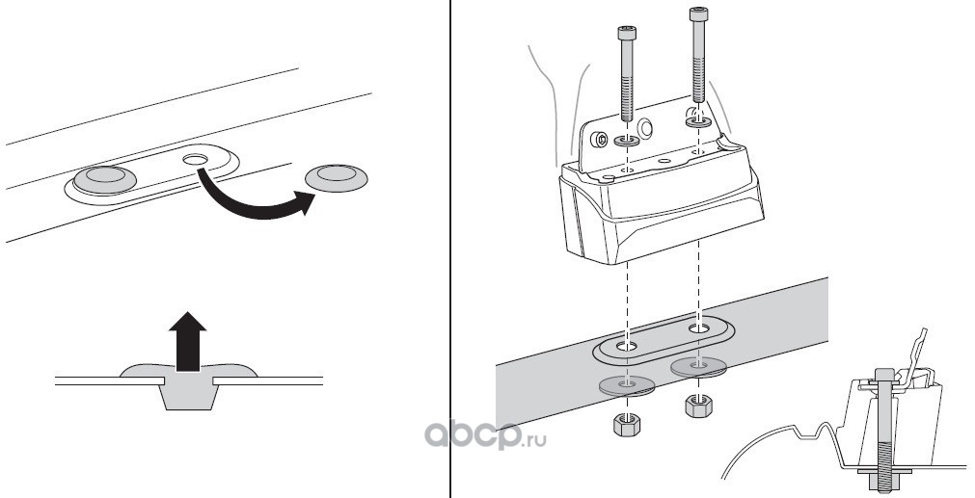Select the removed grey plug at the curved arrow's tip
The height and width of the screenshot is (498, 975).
point(338,176)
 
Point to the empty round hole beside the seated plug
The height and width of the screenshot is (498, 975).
point(197,157)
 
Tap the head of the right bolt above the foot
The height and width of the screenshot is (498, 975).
point(697,15)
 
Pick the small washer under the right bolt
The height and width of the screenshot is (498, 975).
point(696,122)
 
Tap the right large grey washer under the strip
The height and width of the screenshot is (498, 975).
point(696,366)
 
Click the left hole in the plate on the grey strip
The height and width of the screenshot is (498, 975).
point(628,344)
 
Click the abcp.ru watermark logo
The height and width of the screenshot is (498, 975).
point(480,438)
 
